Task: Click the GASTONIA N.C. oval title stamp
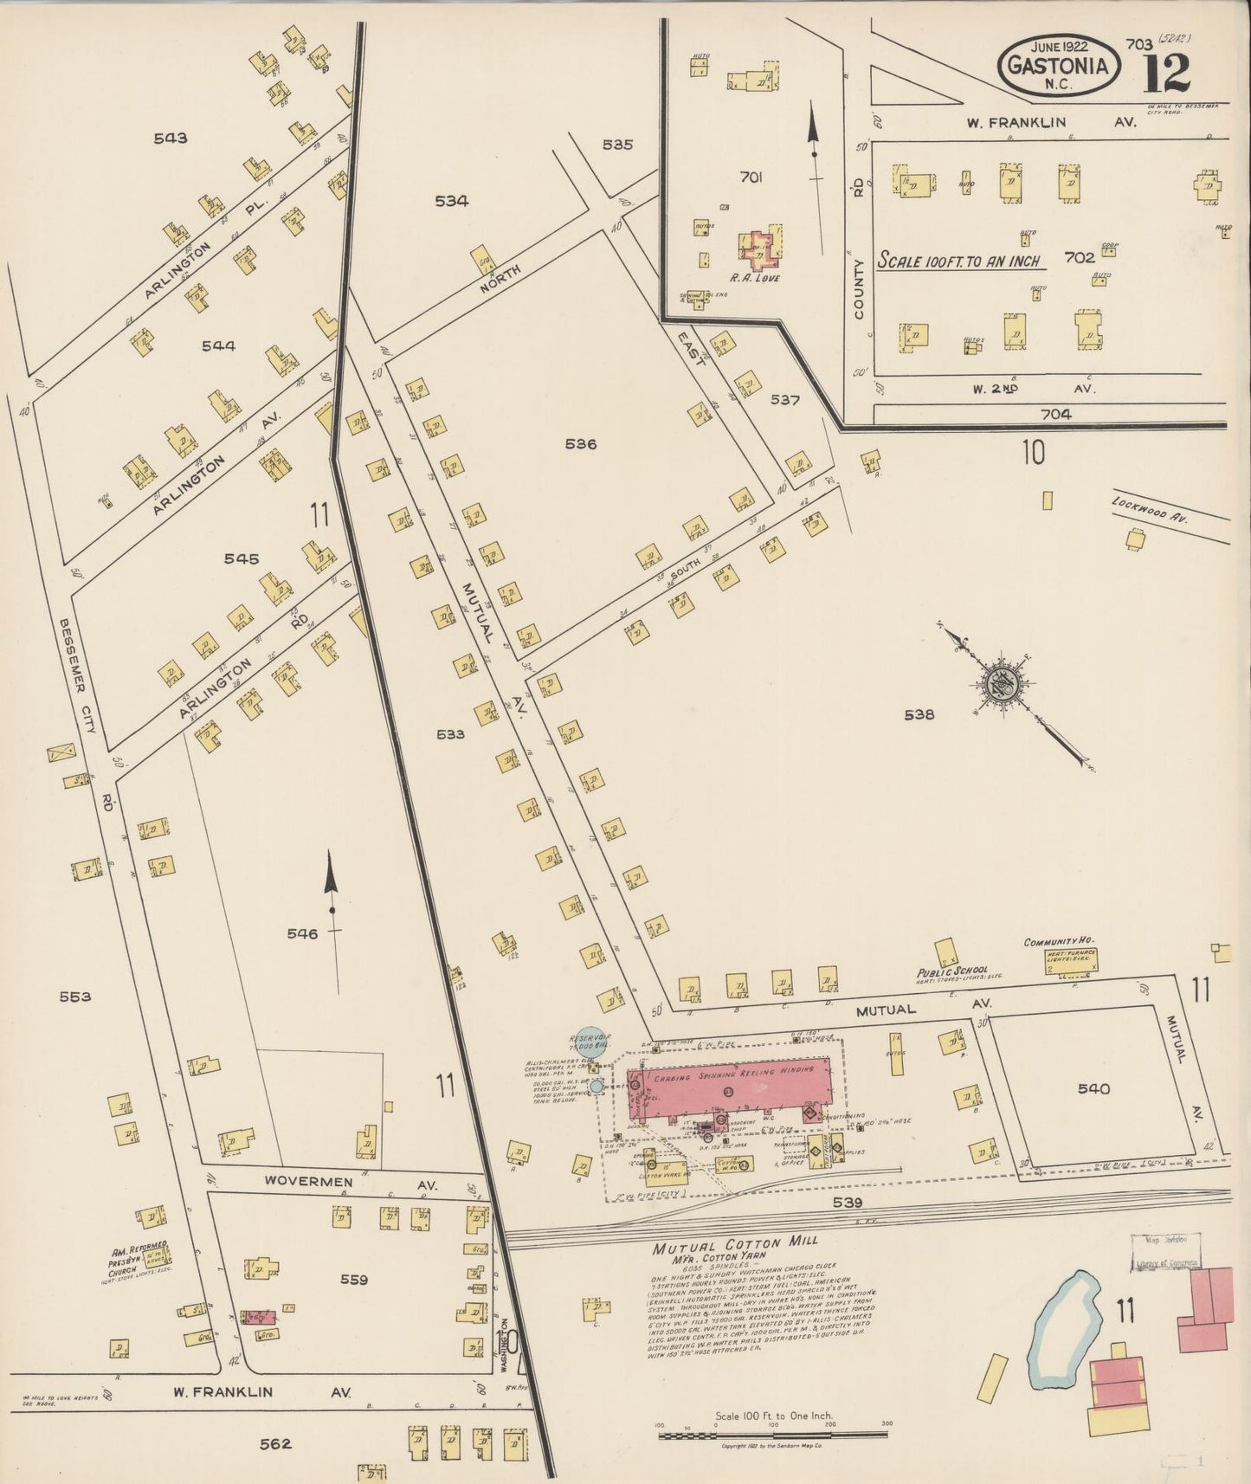pyautogui.click(x=1057, y=68)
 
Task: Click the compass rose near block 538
pyautogui.click(x=1004, y=683)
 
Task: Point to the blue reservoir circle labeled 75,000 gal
pyautogui.click(x=590, y=1040)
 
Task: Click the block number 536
pyautogui.click(x=581, y=444)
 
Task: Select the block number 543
pyautogui.click(x=170, y=138)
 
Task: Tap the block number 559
pyautogui.click(x=354, y=1280)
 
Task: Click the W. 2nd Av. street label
pyautogui.click(x=1035, y=389)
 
